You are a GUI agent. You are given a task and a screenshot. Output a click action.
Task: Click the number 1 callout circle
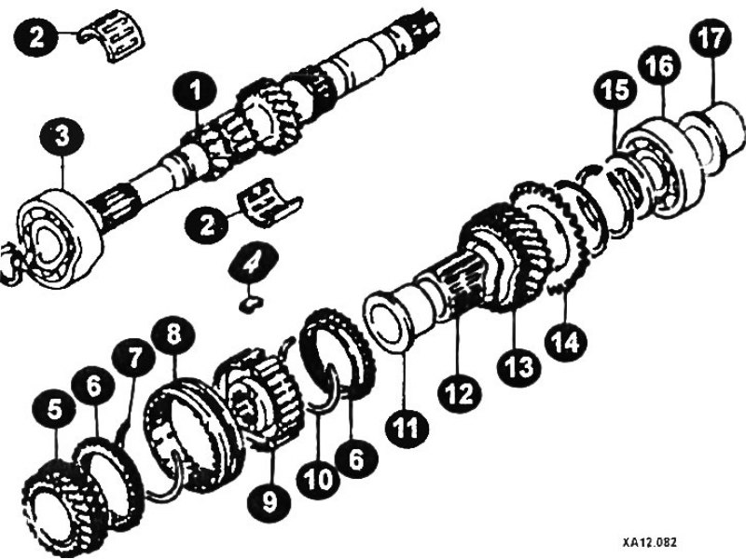point(195,91)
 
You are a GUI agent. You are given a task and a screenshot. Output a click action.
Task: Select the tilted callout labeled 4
point(253,265)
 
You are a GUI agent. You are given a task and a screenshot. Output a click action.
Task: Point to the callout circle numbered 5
point(54,410)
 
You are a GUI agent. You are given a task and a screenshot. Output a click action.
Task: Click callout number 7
point(133,358)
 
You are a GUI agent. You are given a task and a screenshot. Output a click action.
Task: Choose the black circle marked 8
point(173,334)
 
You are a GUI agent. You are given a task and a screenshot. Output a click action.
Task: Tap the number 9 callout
point(269,501)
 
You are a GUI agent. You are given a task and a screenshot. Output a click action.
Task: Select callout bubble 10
point(318,479)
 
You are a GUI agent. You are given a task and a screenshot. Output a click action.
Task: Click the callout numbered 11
point(407,427)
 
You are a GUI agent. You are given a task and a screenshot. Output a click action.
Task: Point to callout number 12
point(459,391)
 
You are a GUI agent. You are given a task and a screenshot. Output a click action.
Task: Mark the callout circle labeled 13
point(518,366)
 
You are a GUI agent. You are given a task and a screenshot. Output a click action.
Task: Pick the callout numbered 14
point(566,340)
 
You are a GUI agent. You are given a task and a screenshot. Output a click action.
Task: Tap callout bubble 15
point(616,90)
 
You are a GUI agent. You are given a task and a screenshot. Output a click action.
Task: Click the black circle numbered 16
point(660,65)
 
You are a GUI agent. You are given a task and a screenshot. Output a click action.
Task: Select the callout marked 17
point(711,38)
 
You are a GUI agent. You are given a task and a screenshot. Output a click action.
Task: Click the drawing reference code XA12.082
point(649,542)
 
